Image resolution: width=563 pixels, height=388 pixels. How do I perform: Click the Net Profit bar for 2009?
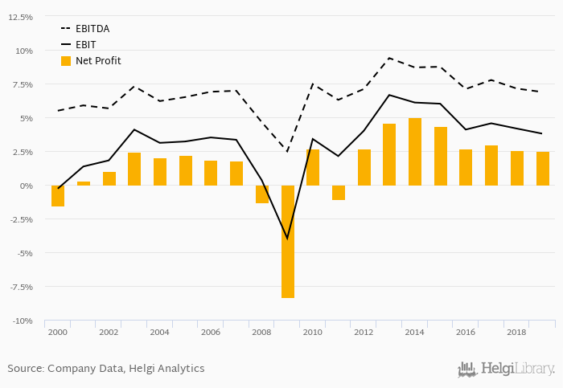[x=287, y=241]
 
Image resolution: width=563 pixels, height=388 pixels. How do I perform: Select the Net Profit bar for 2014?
[x=415, y=152]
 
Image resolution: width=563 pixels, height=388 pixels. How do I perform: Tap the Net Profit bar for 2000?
[x=58, y=196]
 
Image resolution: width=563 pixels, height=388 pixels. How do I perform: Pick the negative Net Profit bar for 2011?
[x=339, y=193]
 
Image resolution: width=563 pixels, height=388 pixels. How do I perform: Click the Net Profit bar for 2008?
[x=262, y=194]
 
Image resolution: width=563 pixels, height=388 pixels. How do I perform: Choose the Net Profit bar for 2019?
[x=543, y=169]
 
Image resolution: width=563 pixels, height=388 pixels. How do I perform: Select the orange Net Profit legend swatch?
[x=66, y=61]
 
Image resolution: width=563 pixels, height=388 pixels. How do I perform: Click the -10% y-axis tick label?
[x=23, y=321]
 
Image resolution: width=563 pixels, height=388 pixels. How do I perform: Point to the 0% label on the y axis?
[x=27, y=186]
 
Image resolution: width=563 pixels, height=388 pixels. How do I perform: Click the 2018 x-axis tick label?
[x=517, y=332]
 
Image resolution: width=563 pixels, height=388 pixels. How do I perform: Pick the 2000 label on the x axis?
[x=57, y=332]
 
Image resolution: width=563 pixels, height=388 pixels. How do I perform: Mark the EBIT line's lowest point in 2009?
[x=287, y=239]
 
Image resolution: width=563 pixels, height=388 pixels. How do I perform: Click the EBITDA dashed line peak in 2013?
[x=389, y=58]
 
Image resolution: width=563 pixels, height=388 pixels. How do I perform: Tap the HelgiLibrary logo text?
[x=516, y=370]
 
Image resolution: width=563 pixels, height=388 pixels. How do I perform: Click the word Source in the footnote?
[x=25, y=369]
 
